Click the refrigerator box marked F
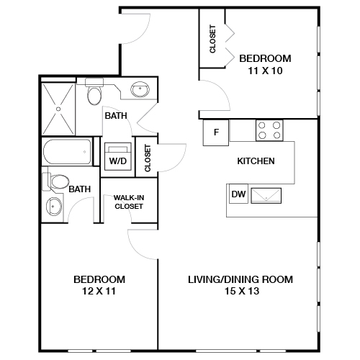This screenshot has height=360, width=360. pos(216,133)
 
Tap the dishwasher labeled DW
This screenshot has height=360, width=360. pos(238,194)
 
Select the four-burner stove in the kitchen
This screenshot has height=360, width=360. pos(269,130)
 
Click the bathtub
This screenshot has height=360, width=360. pos(67,152)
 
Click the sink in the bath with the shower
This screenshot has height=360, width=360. pos(140,90)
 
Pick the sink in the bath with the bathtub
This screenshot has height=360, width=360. pos(54,207)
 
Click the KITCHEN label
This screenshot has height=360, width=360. pos(256,161)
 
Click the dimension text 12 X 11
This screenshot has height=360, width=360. pos(99,292)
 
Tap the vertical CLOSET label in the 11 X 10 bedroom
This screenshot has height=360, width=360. pos(212,40)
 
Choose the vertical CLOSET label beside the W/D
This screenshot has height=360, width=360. pos(148,158)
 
